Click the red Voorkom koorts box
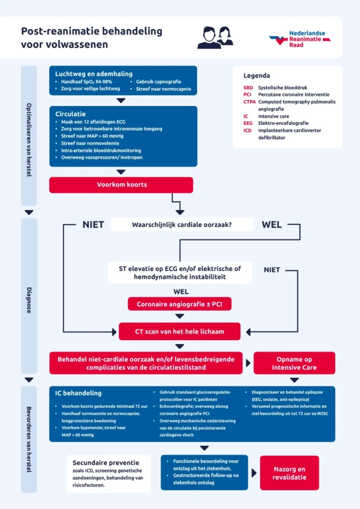coord(121,185)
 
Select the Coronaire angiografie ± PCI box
coord(180,304)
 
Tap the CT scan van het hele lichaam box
coord(180,332)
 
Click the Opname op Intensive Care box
coord(294,363)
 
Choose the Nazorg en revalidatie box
coord(289,473)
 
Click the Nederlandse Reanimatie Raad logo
coord(300,39)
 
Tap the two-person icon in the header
coord(215,38)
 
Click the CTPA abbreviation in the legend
coord(250,102)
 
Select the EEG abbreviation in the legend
coord(248,123)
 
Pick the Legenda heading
coord(257,76)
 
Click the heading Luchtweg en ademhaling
coord(88,73)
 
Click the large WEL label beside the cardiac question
coord(271,225)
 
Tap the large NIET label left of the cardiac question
coord(93,225)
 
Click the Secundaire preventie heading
coord(105,462)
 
